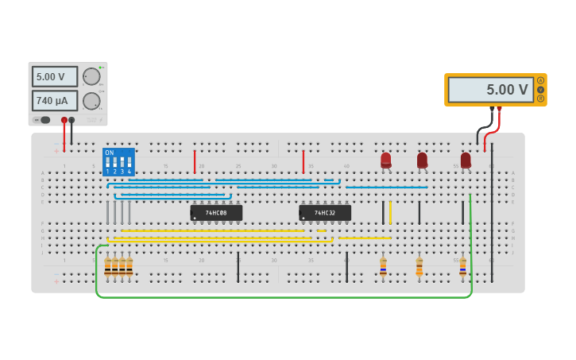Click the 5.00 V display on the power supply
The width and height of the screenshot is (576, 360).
pyautogui.click(x=54, y=77)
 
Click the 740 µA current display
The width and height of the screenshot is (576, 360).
pyautogui.click(x=54, y=101)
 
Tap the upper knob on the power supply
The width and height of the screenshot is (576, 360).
pyautogui.click(x=91, y=77)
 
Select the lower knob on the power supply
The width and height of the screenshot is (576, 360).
pyautogui.click(x=91, y=101)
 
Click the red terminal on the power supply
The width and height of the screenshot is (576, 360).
pyautogui.click(x=64, y=120)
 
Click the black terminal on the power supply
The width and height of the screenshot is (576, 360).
pyautogui.click(x=72, y=120)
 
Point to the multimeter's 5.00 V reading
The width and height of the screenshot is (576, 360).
pyautogui.click(x=490, y=90)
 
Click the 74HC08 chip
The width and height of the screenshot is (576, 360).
pyautogui.click(x=216, y=213)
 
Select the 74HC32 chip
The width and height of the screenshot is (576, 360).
pyautogui.click(x=325, y=213)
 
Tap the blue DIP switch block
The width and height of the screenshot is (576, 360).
pyautogui.click(x=118, y=161)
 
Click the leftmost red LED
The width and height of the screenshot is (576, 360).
pyautogui.click(x=386, y=160)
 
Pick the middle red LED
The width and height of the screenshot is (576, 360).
pyautogui.click(x=422, y=160)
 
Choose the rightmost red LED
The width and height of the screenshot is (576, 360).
pyautogui.click(x=466, y=160)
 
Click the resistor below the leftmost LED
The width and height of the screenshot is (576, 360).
pyautogui.click(x=383, y=266)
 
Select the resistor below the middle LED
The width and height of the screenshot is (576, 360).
pyautogui.click(x=419, y=266)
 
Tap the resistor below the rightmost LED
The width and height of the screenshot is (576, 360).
pyautogui.click(x=462, y=266)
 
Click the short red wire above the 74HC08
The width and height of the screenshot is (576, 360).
pyautogui.click(x=195, y=161)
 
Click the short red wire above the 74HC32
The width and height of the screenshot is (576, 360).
pyautogui.click(x=303, y=161)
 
